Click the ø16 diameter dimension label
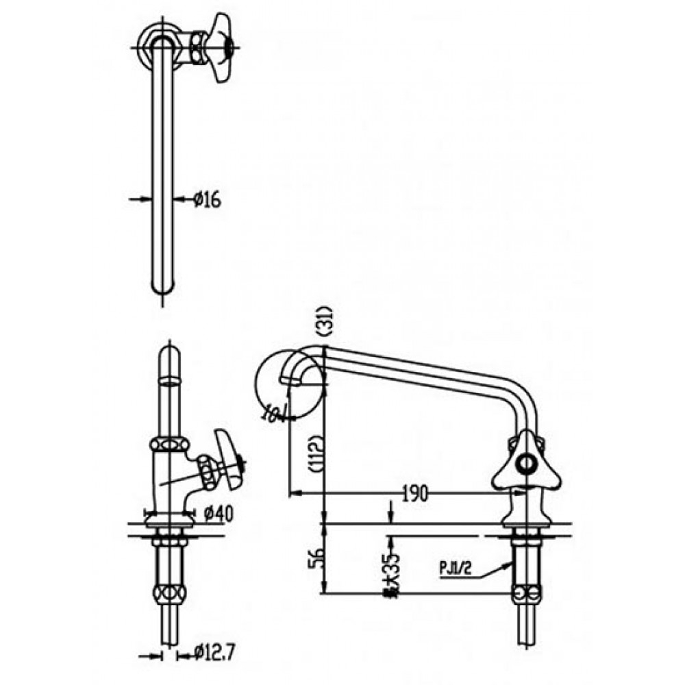[x=205, y=199]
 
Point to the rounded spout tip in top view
[x=163, y=284]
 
